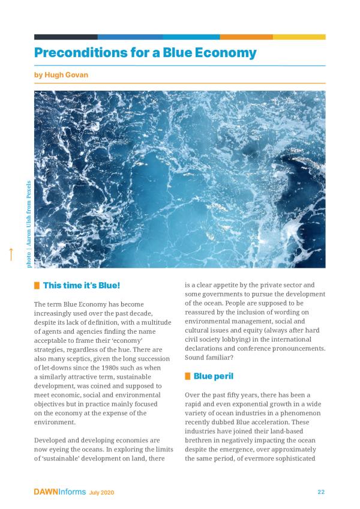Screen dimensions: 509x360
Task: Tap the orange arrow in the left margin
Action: [x=10, y=254]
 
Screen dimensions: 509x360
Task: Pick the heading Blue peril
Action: [x=213, y=376]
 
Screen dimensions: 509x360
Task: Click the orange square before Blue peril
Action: [x=188, y=376]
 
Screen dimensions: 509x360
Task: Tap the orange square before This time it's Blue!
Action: [x=37, y=285]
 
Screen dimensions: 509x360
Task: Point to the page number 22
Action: [x=321, y=492]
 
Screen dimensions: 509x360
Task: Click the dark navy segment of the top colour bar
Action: [x=65, y=37]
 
